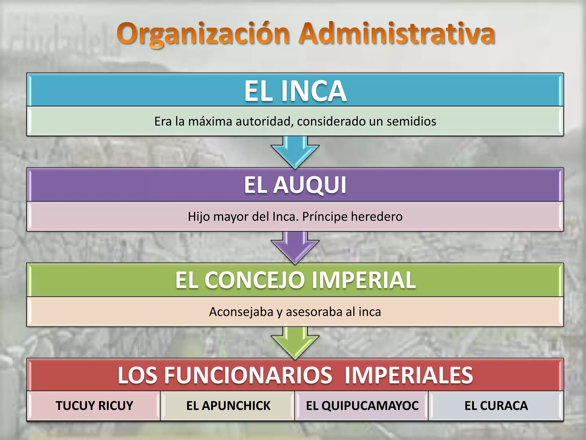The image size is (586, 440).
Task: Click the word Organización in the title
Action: pos(203,34)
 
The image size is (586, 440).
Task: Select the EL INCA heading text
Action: pos(295,91)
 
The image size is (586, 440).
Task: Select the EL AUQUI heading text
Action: pos(295,185)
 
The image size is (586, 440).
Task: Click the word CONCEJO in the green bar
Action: pos(255,280)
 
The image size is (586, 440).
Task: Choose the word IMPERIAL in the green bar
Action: pos(363,280)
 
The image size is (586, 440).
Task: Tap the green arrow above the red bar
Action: pos(295,343)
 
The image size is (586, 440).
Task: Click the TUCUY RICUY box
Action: pos(94,406)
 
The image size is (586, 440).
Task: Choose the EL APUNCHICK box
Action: pos(228,406)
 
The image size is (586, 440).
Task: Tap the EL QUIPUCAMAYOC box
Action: pos(362,406)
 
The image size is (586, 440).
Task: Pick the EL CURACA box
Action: pos(496,406)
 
